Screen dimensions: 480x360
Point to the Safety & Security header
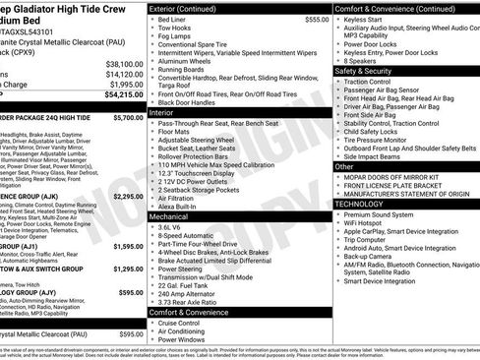369,71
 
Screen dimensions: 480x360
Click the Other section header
344,166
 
